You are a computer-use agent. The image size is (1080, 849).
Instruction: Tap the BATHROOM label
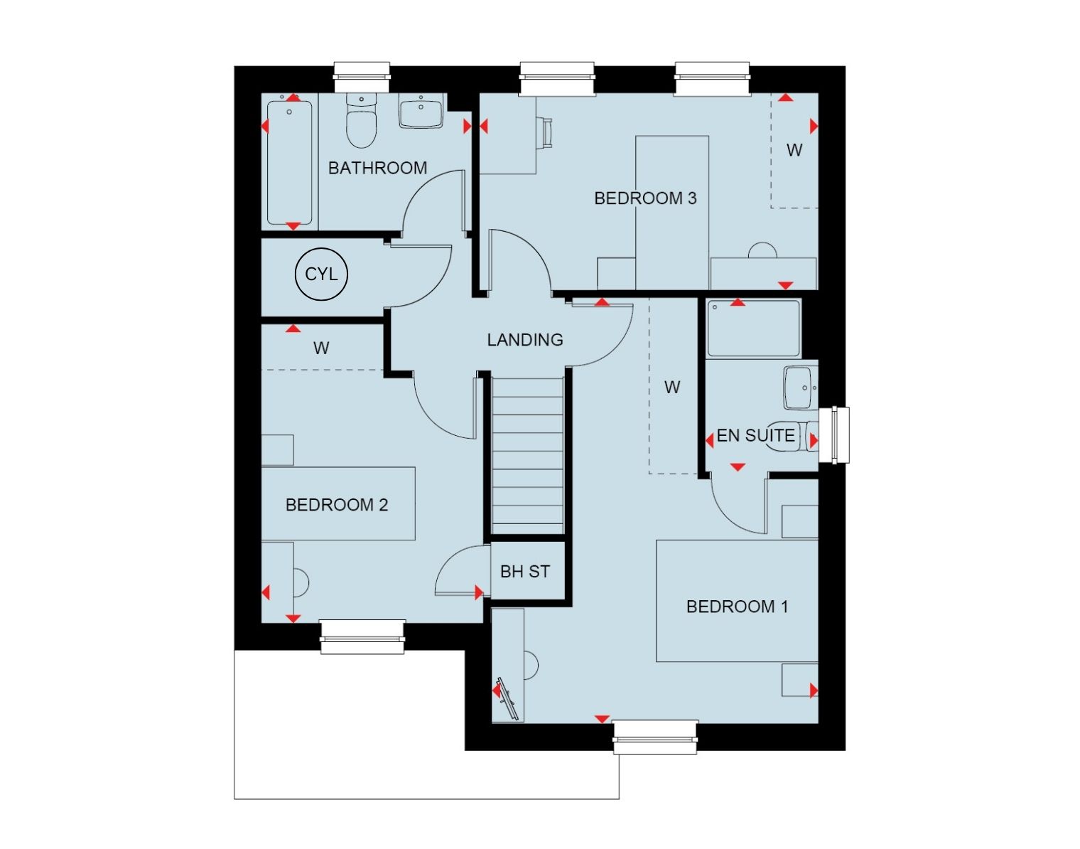click(x=378, y=168)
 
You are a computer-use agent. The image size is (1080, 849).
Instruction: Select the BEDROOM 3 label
click(x=645, y=198)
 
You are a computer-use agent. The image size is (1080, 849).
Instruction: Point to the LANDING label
click(x=525, y=340)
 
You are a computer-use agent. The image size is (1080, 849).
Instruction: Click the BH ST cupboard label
click(x=525, y=572)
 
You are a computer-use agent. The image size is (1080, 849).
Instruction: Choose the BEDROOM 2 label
click(x=337, y=505)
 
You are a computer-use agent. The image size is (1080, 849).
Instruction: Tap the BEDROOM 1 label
click(x=737, y=607)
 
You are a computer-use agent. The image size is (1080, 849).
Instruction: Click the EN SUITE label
click(x=755, y=436)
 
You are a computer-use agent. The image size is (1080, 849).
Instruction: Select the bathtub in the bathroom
click(x=290, y=163)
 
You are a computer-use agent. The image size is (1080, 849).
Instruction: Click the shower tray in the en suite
click(x=754, y=329)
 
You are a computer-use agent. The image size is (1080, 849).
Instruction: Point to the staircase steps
click(x=527, y=455)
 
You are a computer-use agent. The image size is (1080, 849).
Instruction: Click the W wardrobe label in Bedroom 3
click(x=794, y=150)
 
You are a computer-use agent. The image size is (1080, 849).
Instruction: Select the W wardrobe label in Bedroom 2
click(x=321, y=348)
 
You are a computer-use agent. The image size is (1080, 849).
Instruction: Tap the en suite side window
click(x=834, y=435)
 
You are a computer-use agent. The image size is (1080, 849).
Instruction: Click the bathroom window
click(x=362, y=77)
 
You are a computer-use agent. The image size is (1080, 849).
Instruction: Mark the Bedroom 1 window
click(x=655, y=737)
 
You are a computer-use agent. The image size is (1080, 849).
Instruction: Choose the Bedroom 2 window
click(x=362, y=636)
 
